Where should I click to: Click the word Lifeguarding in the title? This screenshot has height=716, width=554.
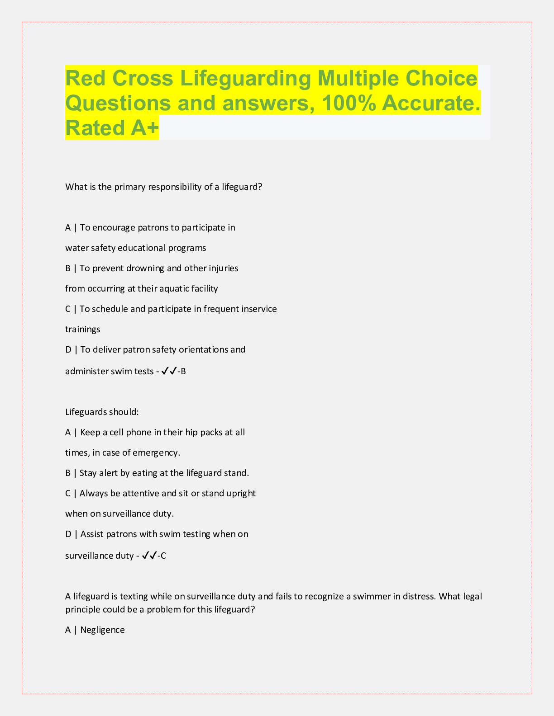pos(246,79)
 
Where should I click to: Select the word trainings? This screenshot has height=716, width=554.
pos(83,329)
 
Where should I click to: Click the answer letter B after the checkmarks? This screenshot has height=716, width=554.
pos(183,372)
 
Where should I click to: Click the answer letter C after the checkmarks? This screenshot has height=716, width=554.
pos(163,556)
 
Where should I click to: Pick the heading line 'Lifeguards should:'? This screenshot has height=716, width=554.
pos(102,412)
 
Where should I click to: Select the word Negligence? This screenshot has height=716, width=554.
pos(102,630)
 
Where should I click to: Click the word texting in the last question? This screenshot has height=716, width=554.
pos(134,596)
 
